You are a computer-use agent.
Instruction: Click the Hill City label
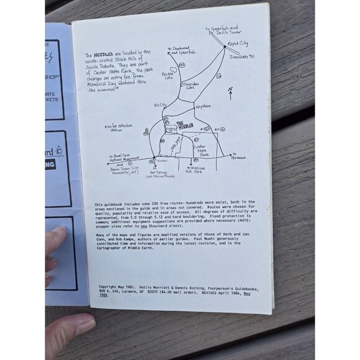[x=160, y=105]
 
